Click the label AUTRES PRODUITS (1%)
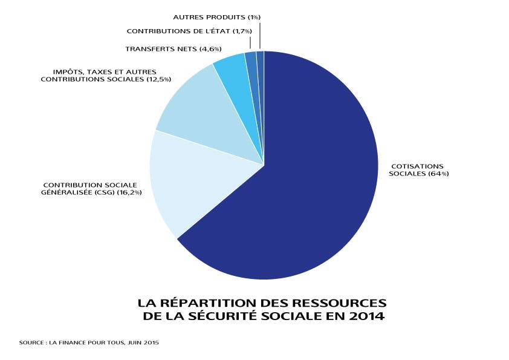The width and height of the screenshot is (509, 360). click(x=216, y=18)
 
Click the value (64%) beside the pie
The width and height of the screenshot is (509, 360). click(x=438, y=174)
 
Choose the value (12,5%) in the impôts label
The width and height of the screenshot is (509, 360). click(x=159, y=79)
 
